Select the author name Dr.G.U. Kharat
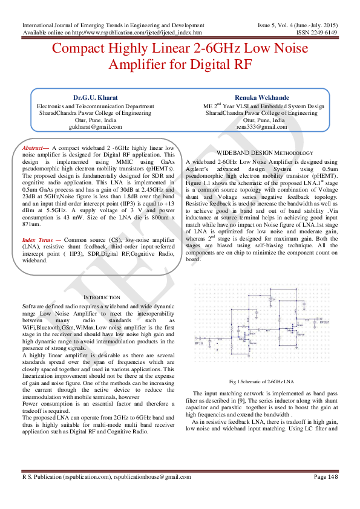pyautogui.click(x=96, y=97)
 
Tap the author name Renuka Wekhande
pyautogui.click(x=261, y=97)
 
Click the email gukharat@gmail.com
pyautogui.click(x=96, y=127)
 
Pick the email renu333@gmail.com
pyautogui.click(x=261, y=127)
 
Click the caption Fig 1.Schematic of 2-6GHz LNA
pyautogui.click(x=262, y=382)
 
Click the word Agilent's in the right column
pyautogui.click(x=198, y=169)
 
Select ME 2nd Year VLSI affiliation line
pyautogui.click(x=260, y=106)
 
